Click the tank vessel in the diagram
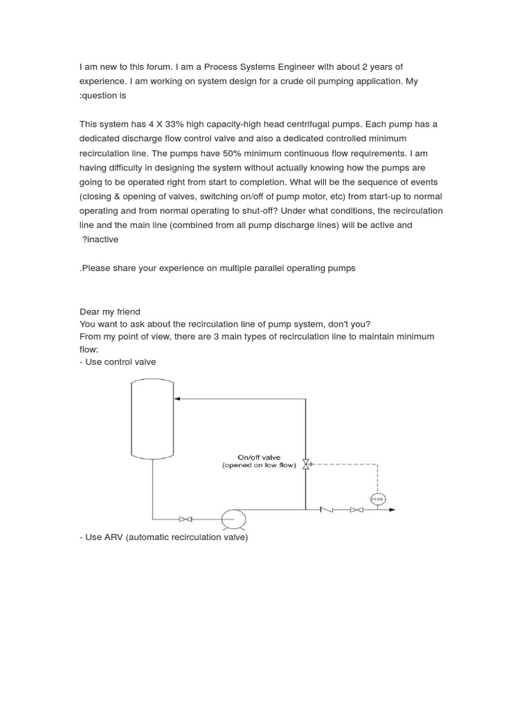[152, 419]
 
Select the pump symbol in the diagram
[234, 520]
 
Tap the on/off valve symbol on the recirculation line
[306, 464]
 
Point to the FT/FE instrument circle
[377, 499]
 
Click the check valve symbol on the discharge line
[327, 509]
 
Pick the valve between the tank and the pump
[185, 520]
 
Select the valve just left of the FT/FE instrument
[356, 509]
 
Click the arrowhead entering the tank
[177, 398]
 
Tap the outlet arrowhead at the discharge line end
[392, 509]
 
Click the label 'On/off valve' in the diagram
[259, 457]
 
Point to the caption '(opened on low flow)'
[259, 466]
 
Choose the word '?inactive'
[100, 240]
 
